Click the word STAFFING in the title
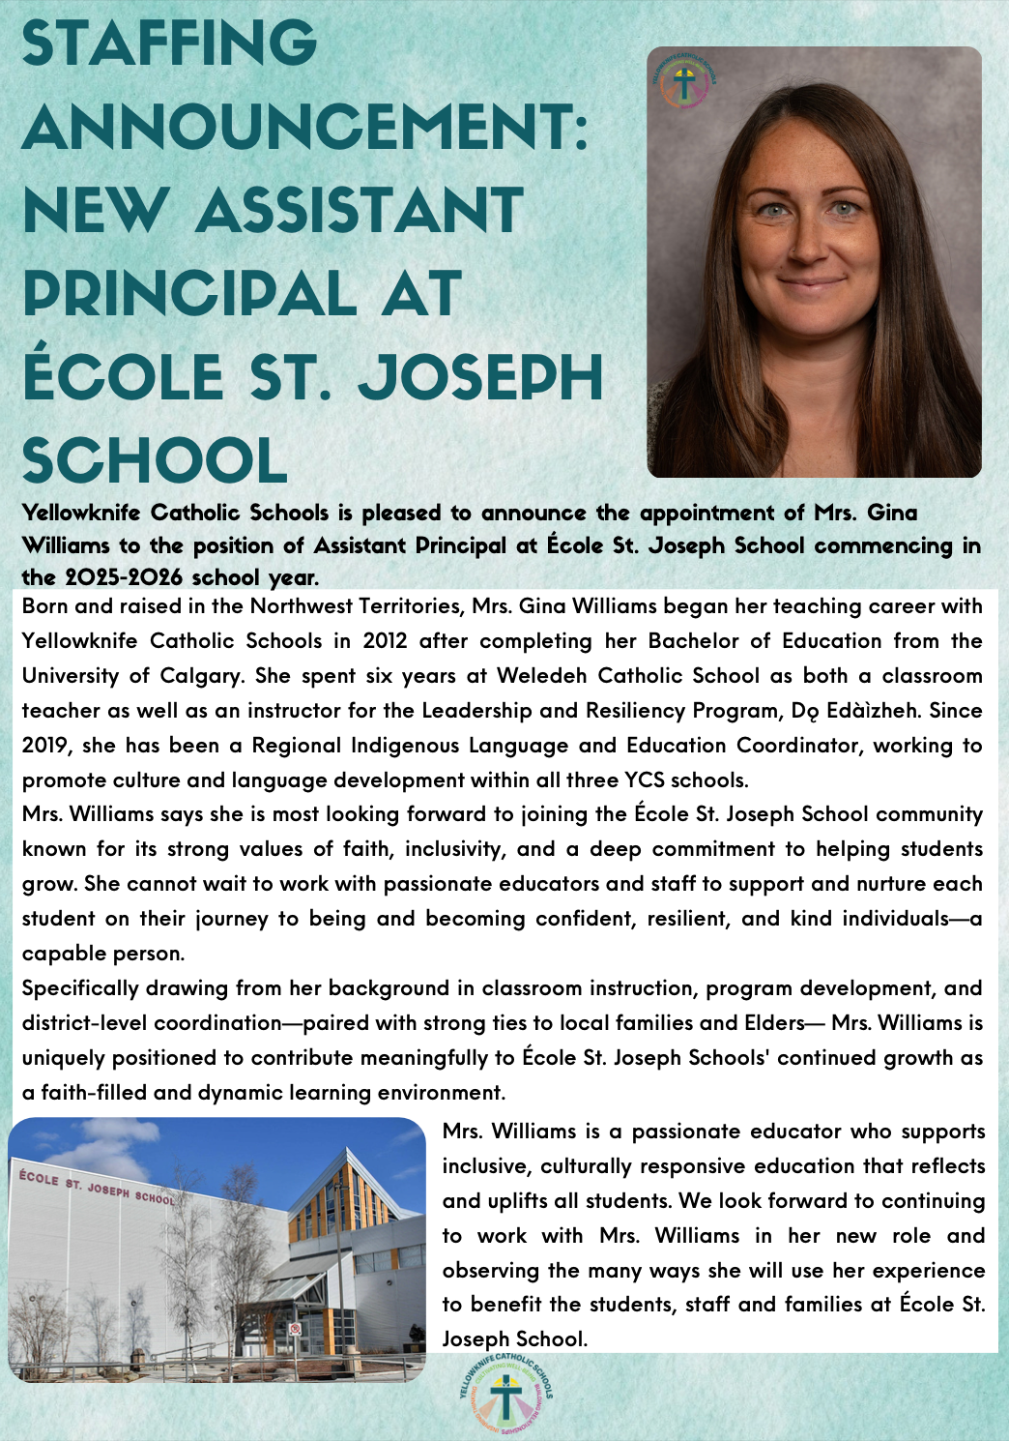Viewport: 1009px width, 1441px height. coord(169,44)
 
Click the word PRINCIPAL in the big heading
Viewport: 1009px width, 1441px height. coord(189,294)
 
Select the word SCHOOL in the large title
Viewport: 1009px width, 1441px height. coord(155,461)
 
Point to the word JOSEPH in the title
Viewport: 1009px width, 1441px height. coord(480,377)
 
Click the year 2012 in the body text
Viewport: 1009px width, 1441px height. coord(386,641)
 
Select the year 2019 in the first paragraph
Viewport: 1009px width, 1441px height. coord(45,746)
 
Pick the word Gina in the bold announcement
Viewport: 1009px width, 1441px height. coord(891,513)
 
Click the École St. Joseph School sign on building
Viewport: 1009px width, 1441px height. coord(97,1188)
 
